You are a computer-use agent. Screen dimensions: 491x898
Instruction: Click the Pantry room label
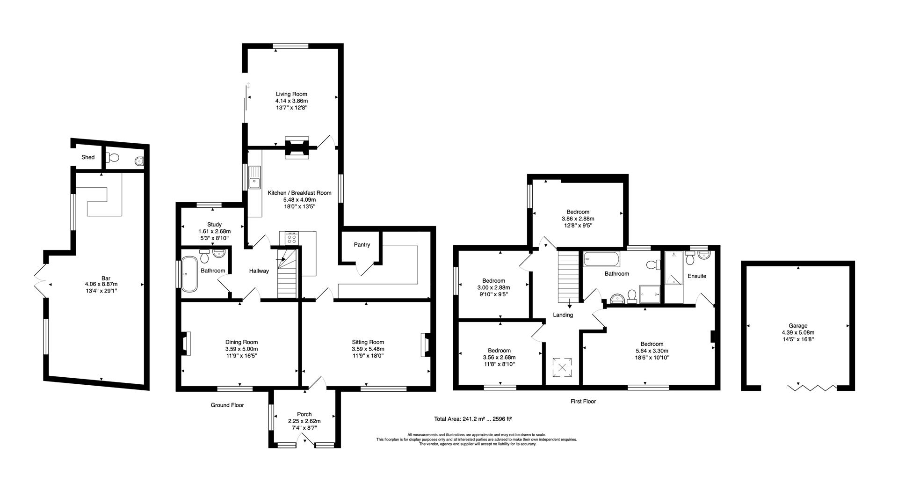coord(362,244)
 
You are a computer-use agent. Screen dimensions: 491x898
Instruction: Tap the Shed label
coord(88,157)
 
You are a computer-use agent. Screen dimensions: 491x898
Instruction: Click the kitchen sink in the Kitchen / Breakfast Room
coord(254,177)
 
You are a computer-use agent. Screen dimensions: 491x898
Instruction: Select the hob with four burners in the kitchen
coord(291,239)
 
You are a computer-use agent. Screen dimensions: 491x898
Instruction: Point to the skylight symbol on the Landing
coord(563,367)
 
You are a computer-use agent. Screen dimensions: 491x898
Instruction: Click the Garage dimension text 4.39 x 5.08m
coord(798,333)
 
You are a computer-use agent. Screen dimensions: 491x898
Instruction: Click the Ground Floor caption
coord(227,405)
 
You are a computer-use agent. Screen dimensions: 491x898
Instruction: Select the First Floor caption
coord(583,401)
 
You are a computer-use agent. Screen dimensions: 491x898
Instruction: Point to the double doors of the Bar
coord(40,280)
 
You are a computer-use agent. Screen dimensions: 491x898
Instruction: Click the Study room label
coord(214,225)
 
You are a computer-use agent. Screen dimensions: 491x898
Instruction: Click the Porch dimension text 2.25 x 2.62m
coord(304,421)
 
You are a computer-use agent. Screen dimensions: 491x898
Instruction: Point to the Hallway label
coord(259,271)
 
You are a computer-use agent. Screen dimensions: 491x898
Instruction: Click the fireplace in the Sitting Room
coord(427,345)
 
